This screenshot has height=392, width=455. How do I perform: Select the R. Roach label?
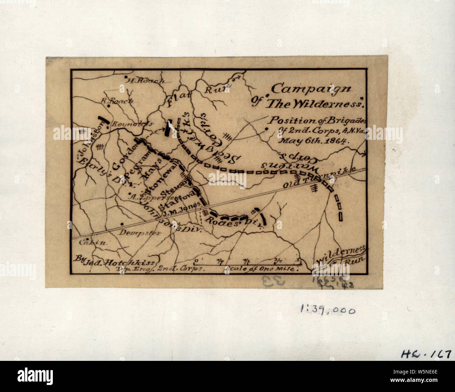click(x=117, y=101)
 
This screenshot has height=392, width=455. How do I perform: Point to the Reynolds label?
click(x=132, y=124)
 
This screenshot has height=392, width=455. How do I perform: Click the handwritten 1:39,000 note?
click(x=328, y=309)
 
